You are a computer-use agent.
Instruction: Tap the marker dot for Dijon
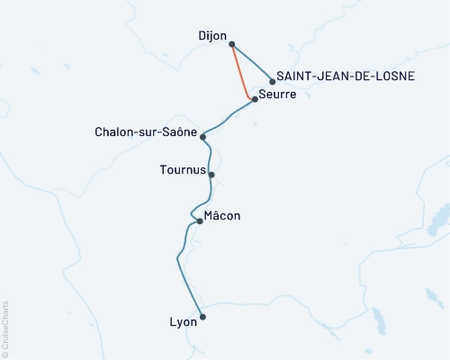pyautogui.click(x=232, y=43)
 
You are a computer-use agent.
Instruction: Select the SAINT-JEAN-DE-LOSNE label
pyautogui.click(x=346, y=76)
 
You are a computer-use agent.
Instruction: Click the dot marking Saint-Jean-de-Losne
pyautogui.click(x=272, y=81)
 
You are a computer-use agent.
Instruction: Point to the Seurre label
pyautogui.click(x=277, y=94)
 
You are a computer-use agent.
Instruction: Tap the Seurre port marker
pyautogui.click(x=256, y=99)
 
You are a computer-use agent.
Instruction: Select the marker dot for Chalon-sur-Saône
pyautogui.click(x=204, y=137)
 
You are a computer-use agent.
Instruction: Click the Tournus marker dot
pyautogui.click(x=211, y=175)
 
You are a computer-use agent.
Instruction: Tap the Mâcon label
pyautogui.click(x=222, y=216)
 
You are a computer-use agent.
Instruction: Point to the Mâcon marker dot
pyautogui.click(x=200, y=220)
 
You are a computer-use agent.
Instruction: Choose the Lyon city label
pyautogui.click(x=183, y=320)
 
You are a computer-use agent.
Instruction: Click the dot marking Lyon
pyautogui.click(x=202, y=317)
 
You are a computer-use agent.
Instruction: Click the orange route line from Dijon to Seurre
pyautogui.click(x=241, y=72)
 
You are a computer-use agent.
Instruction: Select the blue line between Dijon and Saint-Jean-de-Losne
pyautogui.click(x=253, y=63)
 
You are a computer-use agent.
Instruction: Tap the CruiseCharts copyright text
pyautogui.click(x=5, y=328)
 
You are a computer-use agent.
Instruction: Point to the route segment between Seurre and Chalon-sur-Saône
pyautogui.click(x=229, y=118)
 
